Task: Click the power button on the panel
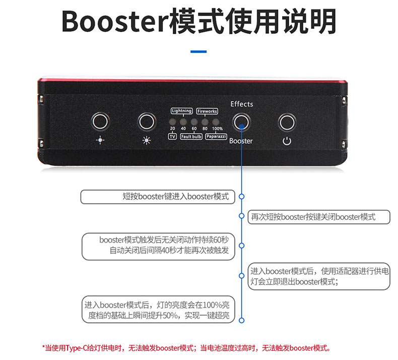point(287,122)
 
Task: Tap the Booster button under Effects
point(241,122)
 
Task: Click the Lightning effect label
point(182,111)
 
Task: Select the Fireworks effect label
point(207,111)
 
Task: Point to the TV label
point(172,137)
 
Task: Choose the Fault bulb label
point(191,137)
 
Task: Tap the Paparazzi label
point(216,137)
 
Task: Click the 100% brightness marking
point(217,129)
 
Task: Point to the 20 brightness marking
point(172,129)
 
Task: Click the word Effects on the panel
point(242,104)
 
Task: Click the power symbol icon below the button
point(287,141)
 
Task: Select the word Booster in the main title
point(115,21)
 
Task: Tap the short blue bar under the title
point(198,51)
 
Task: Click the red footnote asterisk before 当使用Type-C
point(43,346)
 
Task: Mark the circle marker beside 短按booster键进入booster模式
point(242,197)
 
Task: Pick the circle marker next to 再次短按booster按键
point(242,216)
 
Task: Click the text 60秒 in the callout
point(221,239)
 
